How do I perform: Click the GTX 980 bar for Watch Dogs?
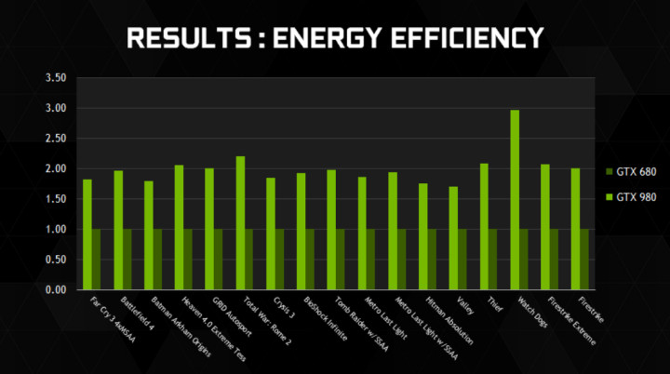pyautogui.click(x=514, y=200)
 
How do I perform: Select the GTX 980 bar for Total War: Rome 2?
pyautogui.click(x=239, y=223)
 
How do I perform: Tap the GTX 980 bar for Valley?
pyautogui.click(x=453, y=238)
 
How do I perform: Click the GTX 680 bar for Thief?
pyautogui.click(x=493, y=260)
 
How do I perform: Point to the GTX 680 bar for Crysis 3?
pyautogui.click(x=280, y=260)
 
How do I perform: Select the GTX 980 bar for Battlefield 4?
pyautogui.click(x=118, y=230)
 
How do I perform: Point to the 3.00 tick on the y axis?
pyautogui.click(x=57, y=109)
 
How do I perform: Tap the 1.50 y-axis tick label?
pyautogui.click(x=57, y=199)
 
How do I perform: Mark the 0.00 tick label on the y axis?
pyautogui.click(x=57, y=289)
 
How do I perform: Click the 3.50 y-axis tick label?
pyautogui.click(x=57, y=79)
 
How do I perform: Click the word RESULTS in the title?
pyautogui.click(x=181, y=37)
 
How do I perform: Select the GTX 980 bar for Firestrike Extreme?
pyautogui.click(x=544, y=227)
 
